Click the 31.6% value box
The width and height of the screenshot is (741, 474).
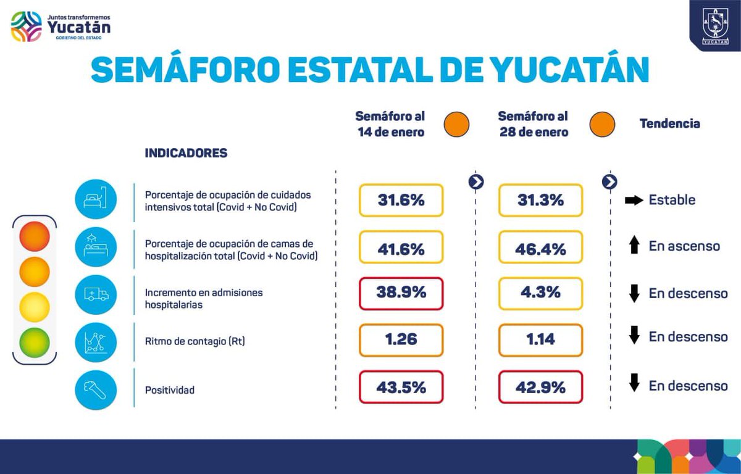coord(401,200)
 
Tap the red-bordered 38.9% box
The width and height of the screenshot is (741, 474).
coord(401,293)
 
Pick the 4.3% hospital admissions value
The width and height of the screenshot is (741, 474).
coord(540,293)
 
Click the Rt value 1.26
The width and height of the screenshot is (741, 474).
coord(401,340)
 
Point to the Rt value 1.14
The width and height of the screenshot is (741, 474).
coord(540,340)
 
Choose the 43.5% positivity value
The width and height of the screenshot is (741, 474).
coord(401,387)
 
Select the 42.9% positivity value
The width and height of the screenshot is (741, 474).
coord(540,387)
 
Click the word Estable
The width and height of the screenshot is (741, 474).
coord(672,200)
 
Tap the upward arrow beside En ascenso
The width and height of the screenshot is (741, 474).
coord(634,246)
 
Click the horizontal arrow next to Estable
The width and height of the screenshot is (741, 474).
coord(634,200)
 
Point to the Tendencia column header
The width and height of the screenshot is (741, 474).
coord(669,123)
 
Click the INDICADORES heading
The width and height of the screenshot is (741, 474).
coord(186,153)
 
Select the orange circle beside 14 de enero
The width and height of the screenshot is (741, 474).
coord(456,124)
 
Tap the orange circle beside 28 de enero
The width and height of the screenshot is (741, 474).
coord(602,124)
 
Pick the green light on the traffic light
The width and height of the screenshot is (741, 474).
coord(35,341)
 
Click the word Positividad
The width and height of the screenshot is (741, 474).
coord(170,390)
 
